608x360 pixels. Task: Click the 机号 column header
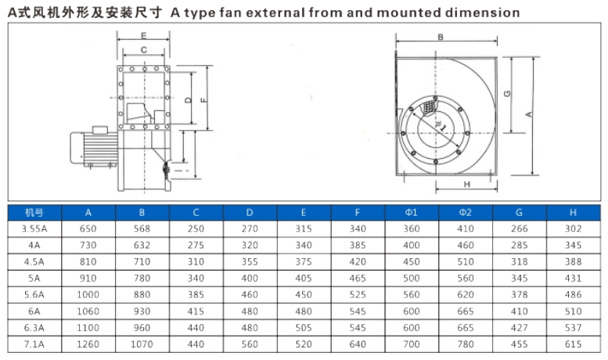(34, 213)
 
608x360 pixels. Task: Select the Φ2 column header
(466, 213)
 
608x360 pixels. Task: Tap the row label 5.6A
(34, 295)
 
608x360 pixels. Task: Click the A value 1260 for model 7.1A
(88, 344)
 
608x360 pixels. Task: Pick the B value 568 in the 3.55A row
(142, 229)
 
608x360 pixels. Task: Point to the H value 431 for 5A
(573, 278)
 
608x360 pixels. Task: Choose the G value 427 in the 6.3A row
(520, 328)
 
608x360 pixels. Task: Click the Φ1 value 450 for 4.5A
(412, 262)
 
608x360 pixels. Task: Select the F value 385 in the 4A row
(358, 245)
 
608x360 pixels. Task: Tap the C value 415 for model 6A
(196, 311)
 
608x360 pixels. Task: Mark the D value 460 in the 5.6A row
(250, 295)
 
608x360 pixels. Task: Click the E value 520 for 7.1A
(304, 344)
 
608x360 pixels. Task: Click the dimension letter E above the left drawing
(143, 36)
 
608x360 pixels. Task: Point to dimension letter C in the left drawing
(144, 49)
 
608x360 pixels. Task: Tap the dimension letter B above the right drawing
(441, 38)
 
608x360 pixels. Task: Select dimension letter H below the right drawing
(467, 185)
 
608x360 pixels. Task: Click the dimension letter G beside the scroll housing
(507, 93)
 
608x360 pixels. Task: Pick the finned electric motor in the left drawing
(94, 147)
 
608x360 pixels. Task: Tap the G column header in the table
(520, 213)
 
